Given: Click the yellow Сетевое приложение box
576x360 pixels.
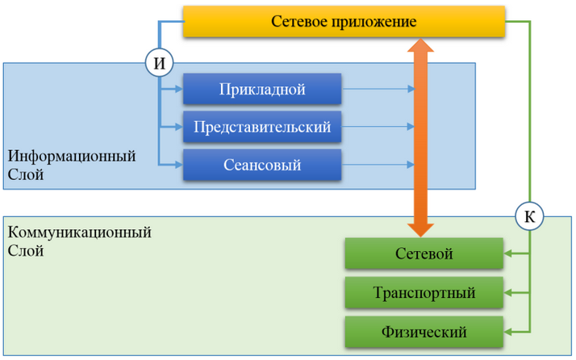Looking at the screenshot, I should click(344, 23).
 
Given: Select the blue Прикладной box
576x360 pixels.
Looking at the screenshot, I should click(262, 89).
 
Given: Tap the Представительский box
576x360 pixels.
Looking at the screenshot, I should click(262, 128).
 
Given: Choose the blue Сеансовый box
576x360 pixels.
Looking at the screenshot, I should click(262, 165).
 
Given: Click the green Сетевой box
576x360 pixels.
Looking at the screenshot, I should click(424, 254).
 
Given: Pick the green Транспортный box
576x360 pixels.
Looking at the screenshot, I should click(424, 292).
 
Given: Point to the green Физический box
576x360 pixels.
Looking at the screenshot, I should click(424, 331).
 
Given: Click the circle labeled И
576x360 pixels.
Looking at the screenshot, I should click(158, 61).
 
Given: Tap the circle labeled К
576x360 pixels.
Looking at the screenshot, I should click(529, 216).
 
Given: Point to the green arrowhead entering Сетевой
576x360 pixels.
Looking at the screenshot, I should click(509, 254).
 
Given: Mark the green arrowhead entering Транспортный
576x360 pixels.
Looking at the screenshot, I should click(509, 292).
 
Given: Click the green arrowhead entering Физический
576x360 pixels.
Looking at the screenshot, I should click(509, 331).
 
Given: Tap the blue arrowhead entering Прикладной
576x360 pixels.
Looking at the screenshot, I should click(178, 89).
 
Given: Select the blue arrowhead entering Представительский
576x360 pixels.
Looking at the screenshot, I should click(178, 128).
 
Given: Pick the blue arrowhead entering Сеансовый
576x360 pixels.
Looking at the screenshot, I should click(178, 165).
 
